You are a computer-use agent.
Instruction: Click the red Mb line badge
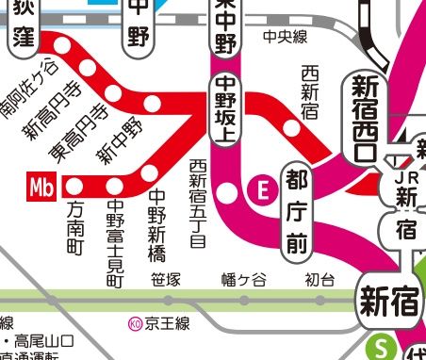tap(40, 186)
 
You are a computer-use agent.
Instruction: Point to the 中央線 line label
tap(287, 37)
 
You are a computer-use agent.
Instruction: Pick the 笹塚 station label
tap(165, 280)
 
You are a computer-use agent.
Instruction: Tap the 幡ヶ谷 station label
tap(243, 280)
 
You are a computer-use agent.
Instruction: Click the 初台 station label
tap(319, 280)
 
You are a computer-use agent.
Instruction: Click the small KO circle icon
tap(135, 324)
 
